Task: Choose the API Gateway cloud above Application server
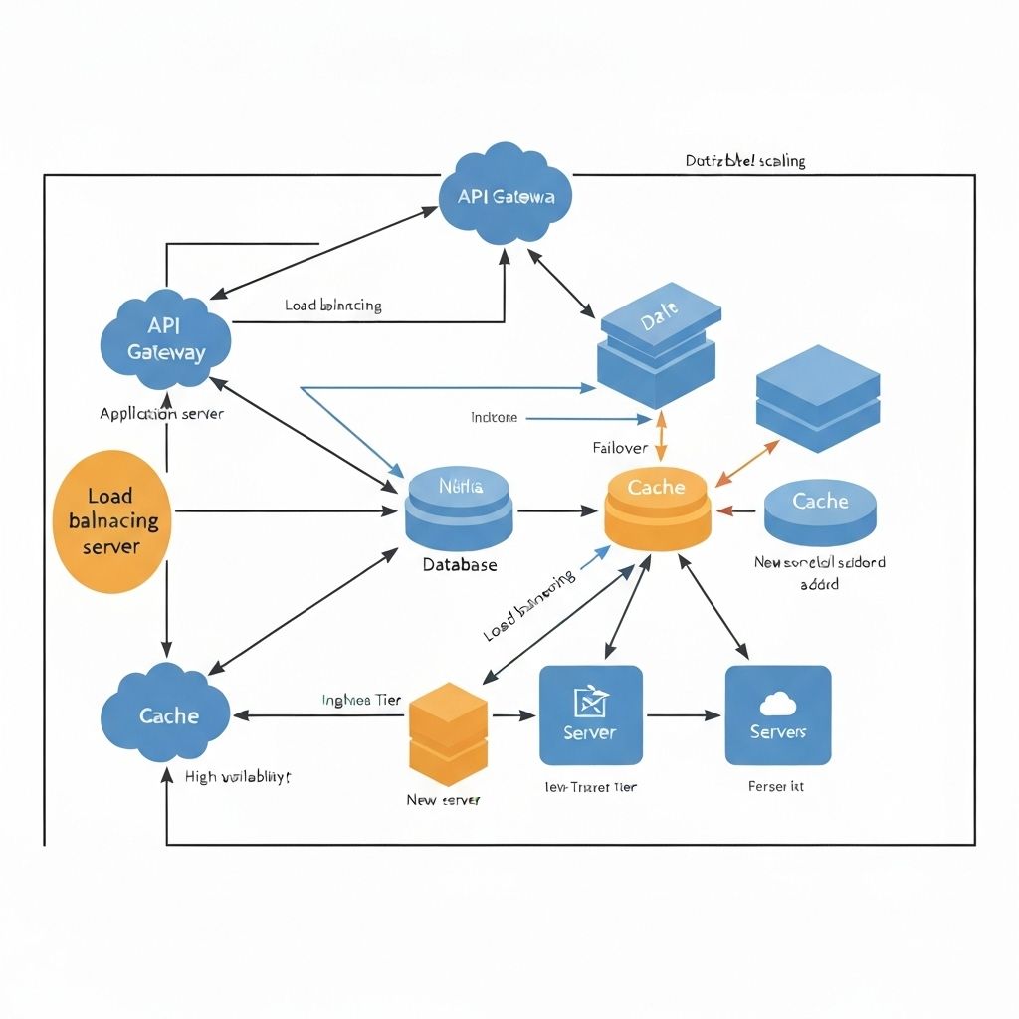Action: [x=166, y=340]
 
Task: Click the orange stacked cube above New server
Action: [x=448, y=726]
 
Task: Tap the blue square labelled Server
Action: [x=590, y=714]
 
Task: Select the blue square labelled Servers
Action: [x=777, y=714]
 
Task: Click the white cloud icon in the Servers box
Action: [x=777, y=705]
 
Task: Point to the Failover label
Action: [x=620, y=448]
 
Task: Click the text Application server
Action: [x=161, y=413]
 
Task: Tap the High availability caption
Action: [x=238, y=777]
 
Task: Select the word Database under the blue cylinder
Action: [x=459, y=564]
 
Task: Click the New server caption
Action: [x=443, y=800]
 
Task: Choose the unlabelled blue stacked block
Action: [x=818, y=398]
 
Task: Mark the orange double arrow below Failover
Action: [x=659, y=436]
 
